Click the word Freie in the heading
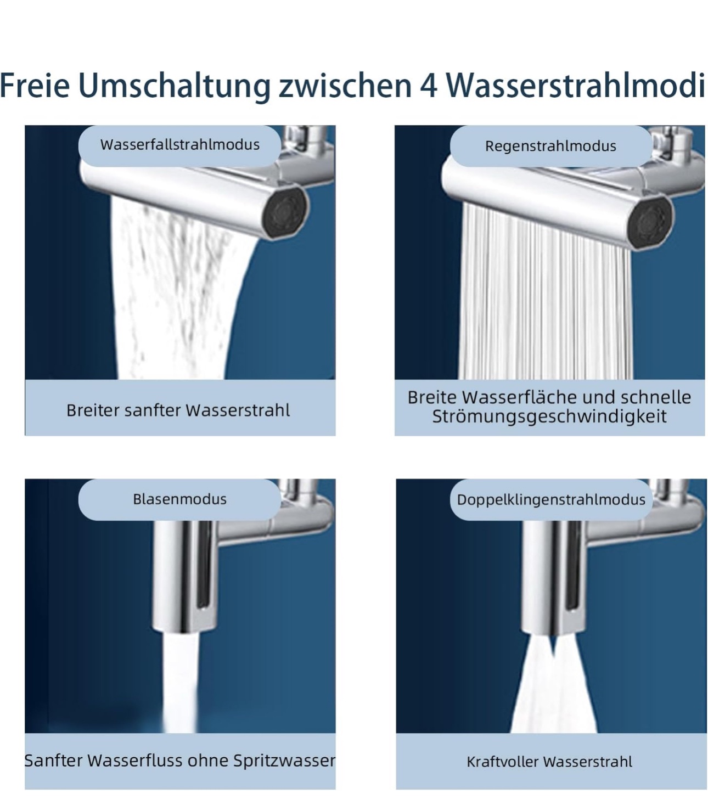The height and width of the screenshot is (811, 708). click(35, 86)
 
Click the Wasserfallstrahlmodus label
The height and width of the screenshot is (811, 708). click(179, 145)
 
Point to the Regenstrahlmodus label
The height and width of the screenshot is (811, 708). click(550, 147)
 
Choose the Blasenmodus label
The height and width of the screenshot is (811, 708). click(179, 499)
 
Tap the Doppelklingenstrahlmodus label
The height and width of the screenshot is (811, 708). click(551, 500)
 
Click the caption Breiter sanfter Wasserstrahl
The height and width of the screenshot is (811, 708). click(178, 410)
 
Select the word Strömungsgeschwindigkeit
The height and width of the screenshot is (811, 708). click(549, 416)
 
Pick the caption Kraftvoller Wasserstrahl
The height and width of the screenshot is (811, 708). click(549, 762)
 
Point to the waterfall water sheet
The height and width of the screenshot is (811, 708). click(175, 289)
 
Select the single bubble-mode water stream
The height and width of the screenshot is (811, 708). click(179, 682)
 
